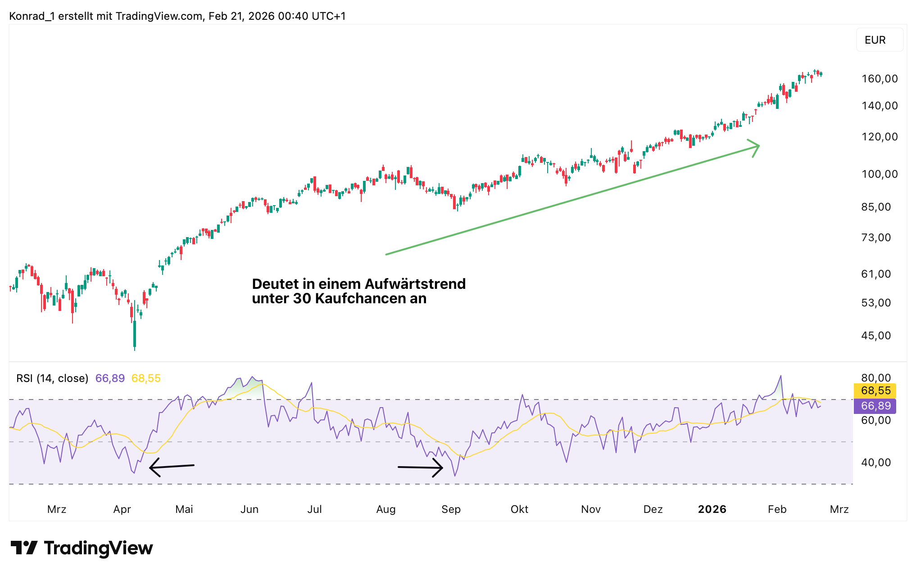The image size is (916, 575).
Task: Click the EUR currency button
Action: pyautogui.click(x=875, y=40)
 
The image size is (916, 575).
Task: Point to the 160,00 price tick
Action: pyautogui.click(x=880, y=79)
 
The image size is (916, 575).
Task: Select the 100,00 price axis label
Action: pyautogui.click(x=880, y=174)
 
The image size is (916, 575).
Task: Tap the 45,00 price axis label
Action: pyautogui.click(x=876, y=336)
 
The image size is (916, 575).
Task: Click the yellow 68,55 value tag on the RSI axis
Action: pyautogui.click(x=875, y=391)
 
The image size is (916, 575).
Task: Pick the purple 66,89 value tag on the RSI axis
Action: pyautogui.click(x=875, y=406)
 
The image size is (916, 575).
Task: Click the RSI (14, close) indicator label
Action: pyautogui.click(x=52, y=378)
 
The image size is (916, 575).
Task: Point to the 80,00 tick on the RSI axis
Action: pyautogui.click(x=876, y=378)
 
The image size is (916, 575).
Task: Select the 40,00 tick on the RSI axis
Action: pyautogui.click(x=876, y=463)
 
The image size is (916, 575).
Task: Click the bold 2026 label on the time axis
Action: pyautogui.click(x=712, y=509)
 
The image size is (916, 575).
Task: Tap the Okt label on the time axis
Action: pyautogui.click(x=519, y=509)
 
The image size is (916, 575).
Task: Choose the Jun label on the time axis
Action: pyautogui.click(x=249, y=509)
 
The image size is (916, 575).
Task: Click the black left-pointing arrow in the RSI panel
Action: pyautogui.click(x=171, y=467)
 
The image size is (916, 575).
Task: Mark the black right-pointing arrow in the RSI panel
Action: pyautogui.click(x=421, y=467)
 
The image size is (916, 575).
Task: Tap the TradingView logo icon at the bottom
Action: pyautogui.click(x=24, y=548)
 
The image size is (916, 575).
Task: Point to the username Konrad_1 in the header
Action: pyautogui.click(x=32, y=16)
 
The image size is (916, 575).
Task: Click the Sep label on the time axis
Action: pyautogui.click(x=451, y=509)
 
